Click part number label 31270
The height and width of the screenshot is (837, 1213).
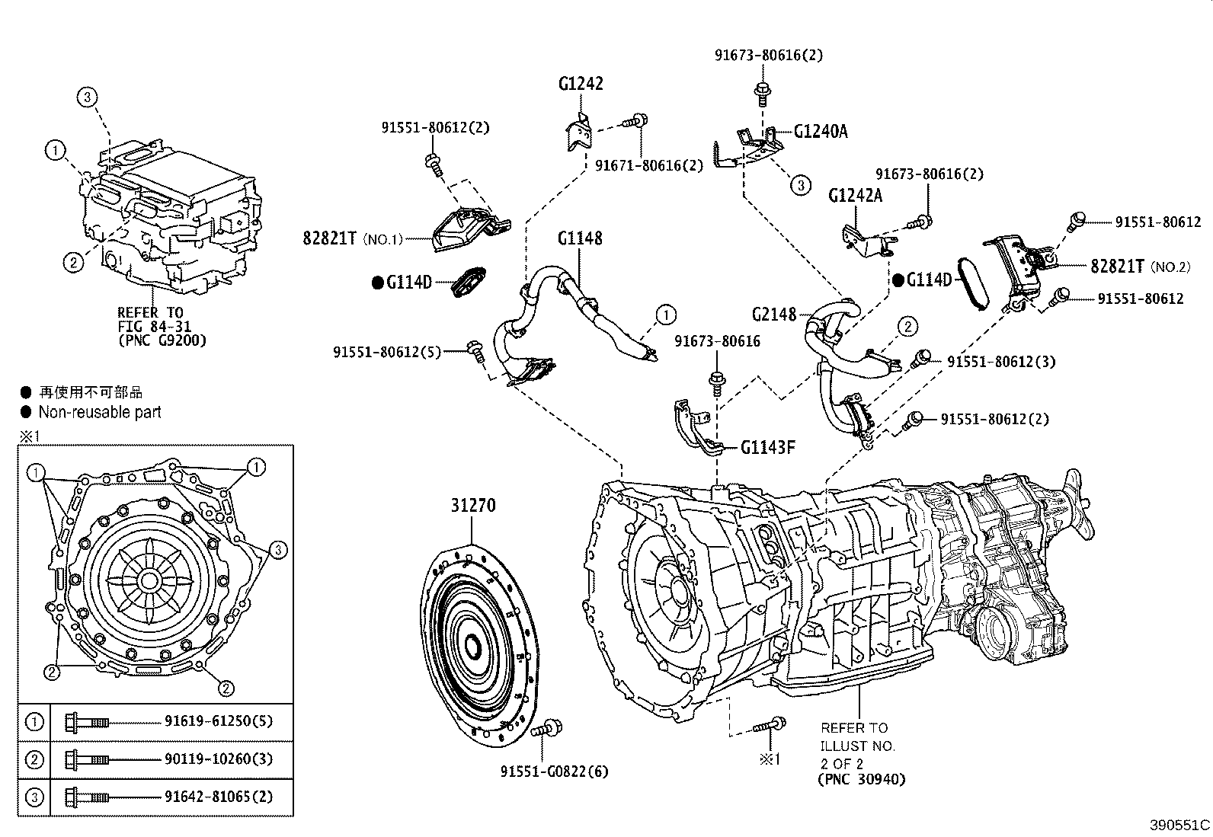[472, 505]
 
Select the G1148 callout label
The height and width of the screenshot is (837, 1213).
[579, 238]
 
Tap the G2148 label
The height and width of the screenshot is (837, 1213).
[773, 315]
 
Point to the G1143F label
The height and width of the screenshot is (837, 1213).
[768, 447]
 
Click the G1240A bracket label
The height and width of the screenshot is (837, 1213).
[821, 131]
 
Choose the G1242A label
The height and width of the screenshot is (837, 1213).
[855, 195]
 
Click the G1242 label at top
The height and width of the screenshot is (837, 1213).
[580, 84]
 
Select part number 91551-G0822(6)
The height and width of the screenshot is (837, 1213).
[554, 772]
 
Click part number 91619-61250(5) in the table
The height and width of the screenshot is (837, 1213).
[218, 720]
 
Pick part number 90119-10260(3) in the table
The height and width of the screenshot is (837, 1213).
[218, 759]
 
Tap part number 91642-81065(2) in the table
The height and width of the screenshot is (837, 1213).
[218, 797]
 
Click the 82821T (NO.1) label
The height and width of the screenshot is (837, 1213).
[350, 238]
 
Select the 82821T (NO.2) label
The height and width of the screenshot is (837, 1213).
[1139, 267]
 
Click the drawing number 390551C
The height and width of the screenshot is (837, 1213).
[1179, 825]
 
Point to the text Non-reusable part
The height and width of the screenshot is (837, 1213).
[100, 412]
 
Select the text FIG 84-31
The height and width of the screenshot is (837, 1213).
[154, 326]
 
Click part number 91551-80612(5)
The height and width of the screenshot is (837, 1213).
[386, 353]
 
